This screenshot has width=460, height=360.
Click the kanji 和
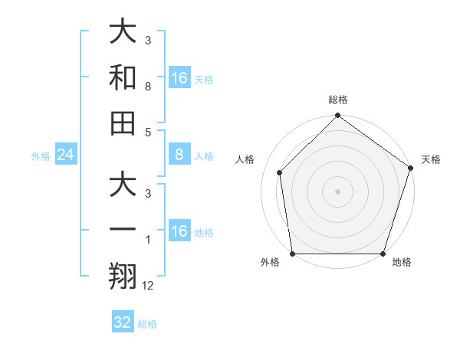click(x=123, y=77)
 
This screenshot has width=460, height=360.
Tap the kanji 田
click(x=123, y=123)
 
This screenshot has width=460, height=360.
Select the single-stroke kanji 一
click(x=123, y=231)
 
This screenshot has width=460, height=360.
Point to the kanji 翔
click(x=123, y=276)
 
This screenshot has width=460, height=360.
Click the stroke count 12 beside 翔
click(x=148, y=286)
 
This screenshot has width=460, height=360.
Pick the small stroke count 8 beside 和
click(x=147, y=87)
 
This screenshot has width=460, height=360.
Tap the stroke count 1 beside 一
click(x=147, y=241)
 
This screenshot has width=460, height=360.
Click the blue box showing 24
click(x=65, y=155)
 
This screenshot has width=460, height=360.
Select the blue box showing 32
click(x=123, y=322)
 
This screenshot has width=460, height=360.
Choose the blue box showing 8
click(x=179, y=155)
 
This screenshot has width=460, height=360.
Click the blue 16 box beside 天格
click(x=179, y=78)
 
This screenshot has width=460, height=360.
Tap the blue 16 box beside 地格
click(x=179, y=231)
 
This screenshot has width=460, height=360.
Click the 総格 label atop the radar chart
click(x=337, y=100)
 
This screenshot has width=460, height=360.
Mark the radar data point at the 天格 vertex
click(x=410, y=168)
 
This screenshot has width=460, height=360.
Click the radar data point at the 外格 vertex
click(x=292, y=254)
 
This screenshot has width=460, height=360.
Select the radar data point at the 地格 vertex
click(x=383, y=254)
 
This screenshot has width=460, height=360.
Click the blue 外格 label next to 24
click(x=41, y=156)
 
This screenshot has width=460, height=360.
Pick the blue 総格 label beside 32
click(x=147, y=324)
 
